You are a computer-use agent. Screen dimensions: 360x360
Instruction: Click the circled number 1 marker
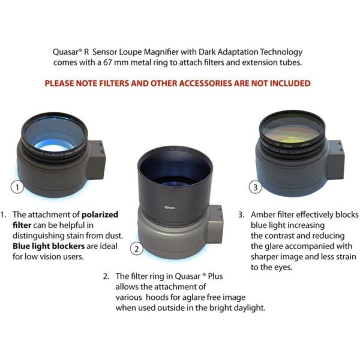(19, 188)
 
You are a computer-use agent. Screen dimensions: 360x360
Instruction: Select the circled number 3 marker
(257, 188)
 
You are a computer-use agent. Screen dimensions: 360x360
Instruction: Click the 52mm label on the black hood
(170, 208)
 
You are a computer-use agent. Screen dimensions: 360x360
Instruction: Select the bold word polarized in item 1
(98, 214)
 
